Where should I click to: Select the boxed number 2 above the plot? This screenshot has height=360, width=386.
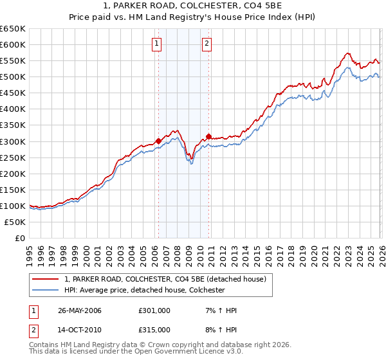[207, 44]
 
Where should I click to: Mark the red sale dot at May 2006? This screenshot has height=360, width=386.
[158, 141]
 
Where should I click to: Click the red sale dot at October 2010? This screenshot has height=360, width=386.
[208, 136]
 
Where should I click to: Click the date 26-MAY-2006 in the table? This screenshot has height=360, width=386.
[80, 310]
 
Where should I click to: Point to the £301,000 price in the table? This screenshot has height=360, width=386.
[154, 310]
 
